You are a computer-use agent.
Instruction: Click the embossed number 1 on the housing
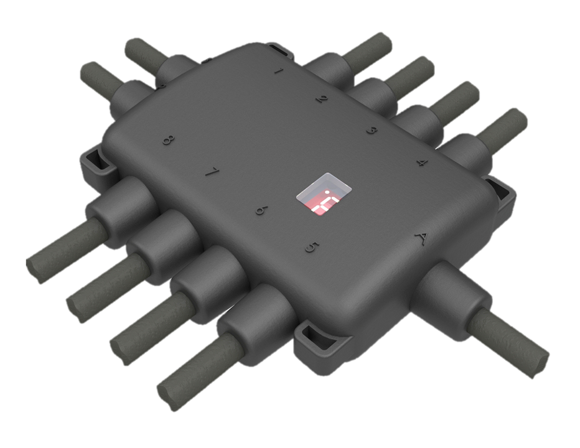tap(278, 70)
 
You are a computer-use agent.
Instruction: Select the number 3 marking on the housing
tap(372, 130)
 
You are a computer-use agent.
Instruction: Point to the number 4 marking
tap(422, 163)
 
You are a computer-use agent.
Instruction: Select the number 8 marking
tap(167, 140)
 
